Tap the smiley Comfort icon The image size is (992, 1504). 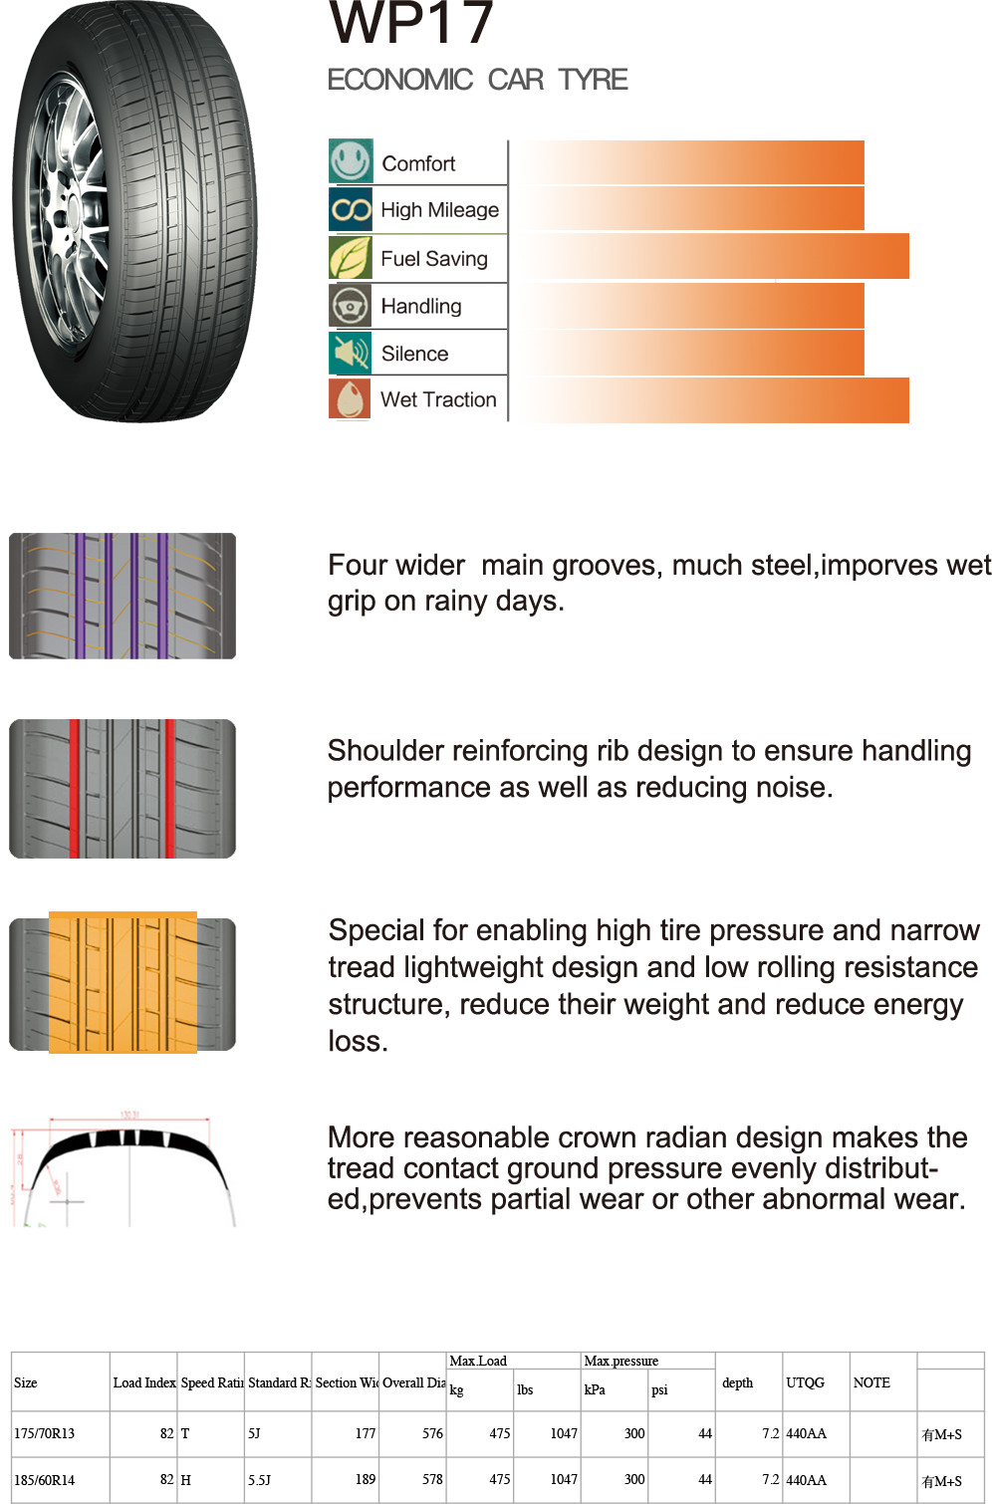(351, 161)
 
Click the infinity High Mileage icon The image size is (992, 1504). (351, 209)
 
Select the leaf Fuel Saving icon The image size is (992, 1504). (351, 258)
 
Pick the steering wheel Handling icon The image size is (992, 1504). (351, 306)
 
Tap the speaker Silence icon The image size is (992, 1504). (351, 353)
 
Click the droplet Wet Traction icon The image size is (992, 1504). (351, 399)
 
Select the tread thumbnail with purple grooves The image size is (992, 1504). (123, 596)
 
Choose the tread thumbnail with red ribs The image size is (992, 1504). (123, 788)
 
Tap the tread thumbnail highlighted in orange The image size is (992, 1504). (123, 983)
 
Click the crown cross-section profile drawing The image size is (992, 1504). (123, 1170)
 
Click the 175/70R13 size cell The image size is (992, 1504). (45, 1434)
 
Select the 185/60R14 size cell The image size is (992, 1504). (45, 1480)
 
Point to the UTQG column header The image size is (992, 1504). (805, 1382)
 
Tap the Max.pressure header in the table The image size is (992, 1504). (621, 1362)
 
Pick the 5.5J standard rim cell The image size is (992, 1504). (259, 1480)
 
